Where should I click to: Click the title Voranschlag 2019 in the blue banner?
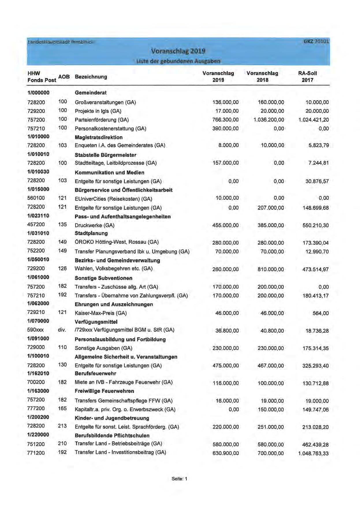click(178, 51)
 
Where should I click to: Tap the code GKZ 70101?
click(316, 41)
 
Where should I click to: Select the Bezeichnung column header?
click(91, 77)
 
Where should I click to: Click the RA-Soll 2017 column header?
click(307, 77)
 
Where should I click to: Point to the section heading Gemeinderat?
click(90, 93)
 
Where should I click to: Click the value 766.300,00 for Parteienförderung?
click(225, 120)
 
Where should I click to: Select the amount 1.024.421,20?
click(314, 120)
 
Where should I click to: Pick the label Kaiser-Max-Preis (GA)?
click(100, 313)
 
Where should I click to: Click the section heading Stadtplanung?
click(91, 233)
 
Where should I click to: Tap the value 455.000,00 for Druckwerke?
click(225, 225)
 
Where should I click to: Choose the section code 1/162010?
click(38, 373)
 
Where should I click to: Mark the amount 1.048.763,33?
click(313, 453)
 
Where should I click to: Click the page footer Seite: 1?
click(179, 479)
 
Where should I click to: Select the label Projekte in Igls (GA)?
click(98, 111)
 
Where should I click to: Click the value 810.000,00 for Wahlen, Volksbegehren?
click(271, 269)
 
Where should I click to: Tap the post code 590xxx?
click(36, 330)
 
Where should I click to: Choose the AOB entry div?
click(62, 330)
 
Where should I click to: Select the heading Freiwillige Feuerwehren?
click(104, 391)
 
